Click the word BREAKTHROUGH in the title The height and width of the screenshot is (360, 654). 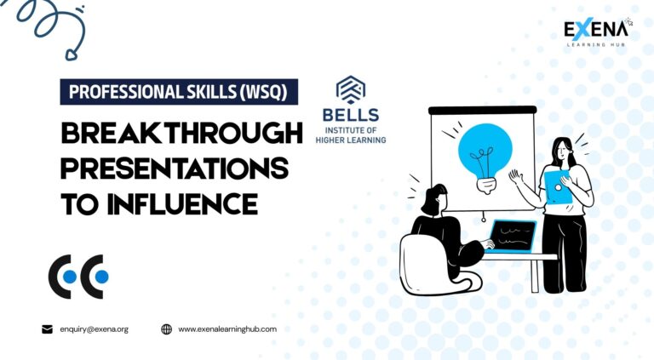(x=182, y=133)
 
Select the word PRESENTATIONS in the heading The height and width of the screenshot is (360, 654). (x=175, y=169)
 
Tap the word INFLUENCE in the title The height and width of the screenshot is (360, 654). (x=182, y=203)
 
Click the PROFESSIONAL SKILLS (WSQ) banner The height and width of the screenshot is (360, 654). (x=179, y=92)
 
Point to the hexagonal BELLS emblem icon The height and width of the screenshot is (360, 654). (x=351, y=90)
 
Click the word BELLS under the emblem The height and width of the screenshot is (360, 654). (x=351, y=115)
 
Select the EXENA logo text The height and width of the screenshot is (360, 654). (x=595, y=30)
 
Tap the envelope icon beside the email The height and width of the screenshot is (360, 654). (x=47, y=329)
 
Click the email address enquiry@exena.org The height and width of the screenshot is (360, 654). (x=95, y=329)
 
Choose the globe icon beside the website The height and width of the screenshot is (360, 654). (x=166, y=329)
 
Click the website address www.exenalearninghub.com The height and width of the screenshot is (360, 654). (x=227, y=329)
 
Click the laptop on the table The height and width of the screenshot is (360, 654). (x=511, y=237)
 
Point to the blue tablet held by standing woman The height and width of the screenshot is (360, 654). (x=558, y=187)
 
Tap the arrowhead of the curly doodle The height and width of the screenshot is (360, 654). (x=72, y=54)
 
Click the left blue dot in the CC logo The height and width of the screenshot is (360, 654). (x=70, y=277)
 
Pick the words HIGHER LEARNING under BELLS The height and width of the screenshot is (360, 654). (x=351, y=140)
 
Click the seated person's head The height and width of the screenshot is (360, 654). (x=434, y=199)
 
